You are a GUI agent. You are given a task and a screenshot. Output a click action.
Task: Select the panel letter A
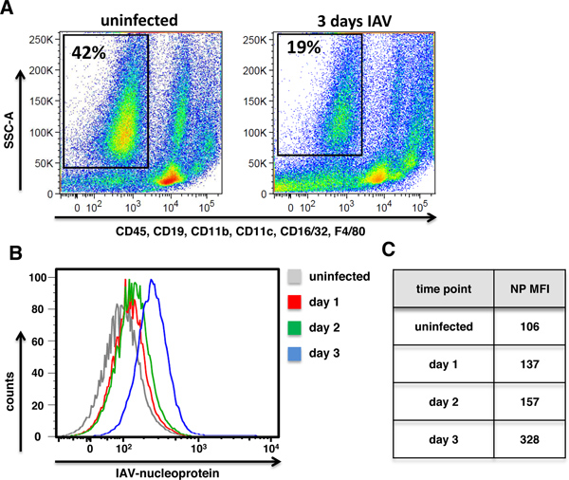[x=9, y=9]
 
